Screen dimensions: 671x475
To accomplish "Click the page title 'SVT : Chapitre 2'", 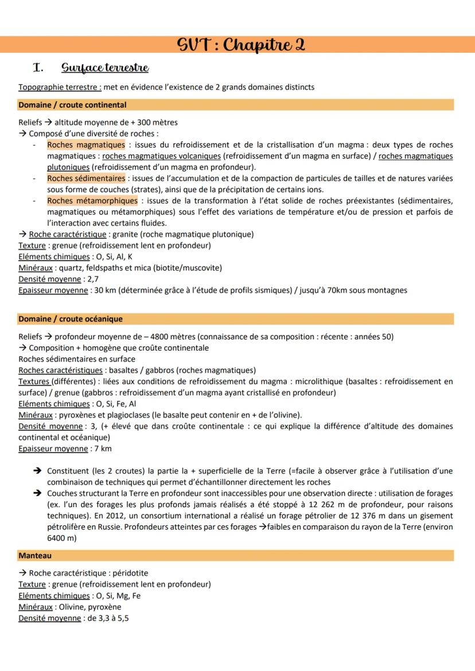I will click(241, 45).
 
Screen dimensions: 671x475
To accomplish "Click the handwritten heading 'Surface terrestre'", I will click(105, 68).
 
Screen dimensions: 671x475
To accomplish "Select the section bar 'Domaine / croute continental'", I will click(72, 105).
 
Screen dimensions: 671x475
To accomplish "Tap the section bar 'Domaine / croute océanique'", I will click(70, 319).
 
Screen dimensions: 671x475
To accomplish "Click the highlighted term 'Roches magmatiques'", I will click(85, 145).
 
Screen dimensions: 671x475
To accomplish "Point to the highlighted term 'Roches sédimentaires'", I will click(85, 178).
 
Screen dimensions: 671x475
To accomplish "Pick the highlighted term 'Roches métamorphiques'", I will click(92, 201).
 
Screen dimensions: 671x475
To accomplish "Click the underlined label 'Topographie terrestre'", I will click(60, 87).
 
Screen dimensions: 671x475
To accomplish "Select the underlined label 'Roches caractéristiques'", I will click(60, 370).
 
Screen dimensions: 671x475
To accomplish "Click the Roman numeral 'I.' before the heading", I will click(39, 68).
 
